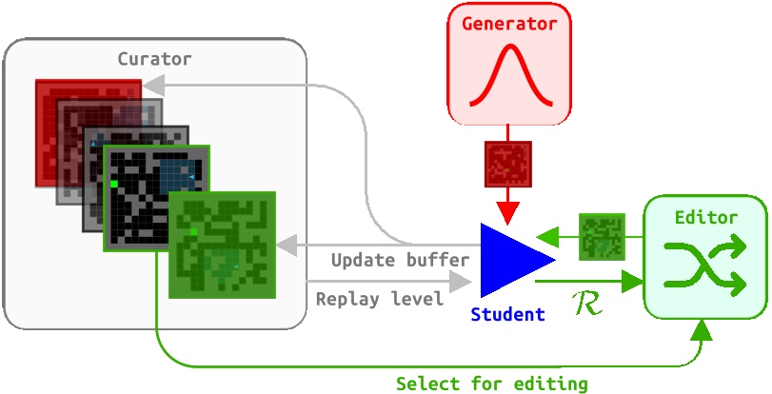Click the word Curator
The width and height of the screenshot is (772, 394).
[x=154, y=59]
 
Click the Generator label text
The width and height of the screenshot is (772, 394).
[x=509, y=24]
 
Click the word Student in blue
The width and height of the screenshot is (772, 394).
[x=507, y=314]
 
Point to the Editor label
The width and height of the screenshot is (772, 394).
[x=705, y=218]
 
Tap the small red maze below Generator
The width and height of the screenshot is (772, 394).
[x=507, y=163]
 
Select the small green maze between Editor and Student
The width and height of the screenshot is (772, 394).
[x=602, y=236]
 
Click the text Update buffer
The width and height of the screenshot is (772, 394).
[x=400, y=260]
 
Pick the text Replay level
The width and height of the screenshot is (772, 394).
[x=380, y=299]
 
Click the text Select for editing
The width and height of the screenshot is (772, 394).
[x=492, y=384]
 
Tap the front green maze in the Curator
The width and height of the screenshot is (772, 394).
[x=222, y=245]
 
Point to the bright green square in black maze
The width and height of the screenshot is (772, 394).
[x=113, y=183]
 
